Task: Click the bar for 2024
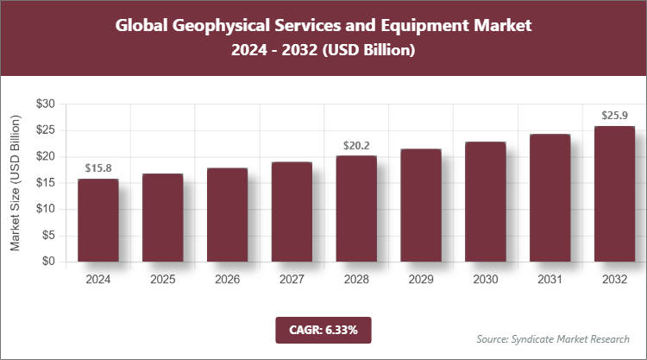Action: pos(97,220)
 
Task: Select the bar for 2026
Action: pos(227,215)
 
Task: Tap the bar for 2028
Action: pos(356,208)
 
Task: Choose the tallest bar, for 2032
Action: pos(615,193)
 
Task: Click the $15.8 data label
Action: pos(97,167)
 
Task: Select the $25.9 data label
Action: pos(615,115)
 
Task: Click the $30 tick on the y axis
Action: pos(46,104)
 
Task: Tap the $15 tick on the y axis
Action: pos(46,183)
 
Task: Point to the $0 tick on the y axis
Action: pos(49,262)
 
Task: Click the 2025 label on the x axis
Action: pos(162,280)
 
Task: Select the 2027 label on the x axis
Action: pos(292,280)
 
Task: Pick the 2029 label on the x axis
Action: pos(421,280)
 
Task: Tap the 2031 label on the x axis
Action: pos(550,280)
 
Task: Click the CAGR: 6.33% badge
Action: pos(323,329)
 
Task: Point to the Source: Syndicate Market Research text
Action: pos(552,338)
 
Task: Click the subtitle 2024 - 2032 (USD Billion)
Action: pos(323,51)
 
